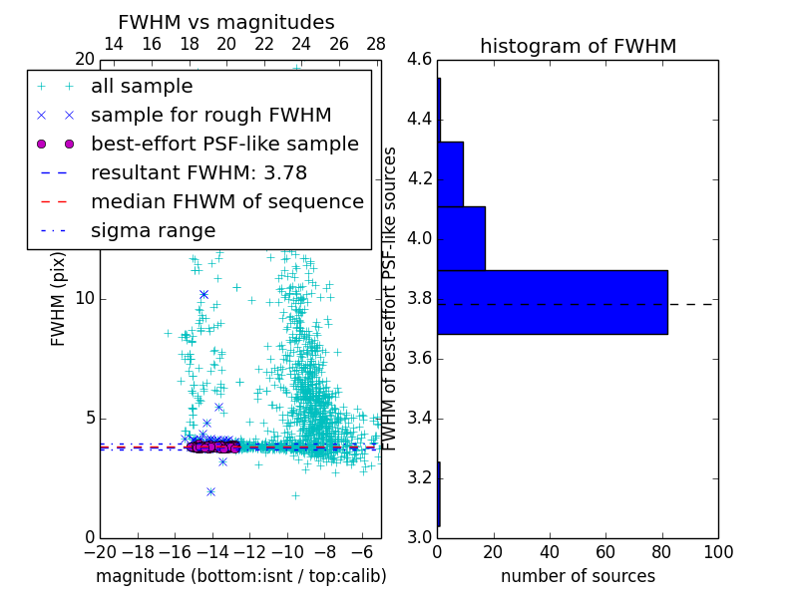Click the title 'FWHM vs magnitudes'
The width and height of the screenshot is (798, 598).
(226, 22)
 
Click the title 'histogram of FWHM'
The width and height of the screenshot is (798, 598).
(578, 46)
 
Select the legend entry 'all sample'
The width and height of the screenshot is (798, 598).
(141, 87)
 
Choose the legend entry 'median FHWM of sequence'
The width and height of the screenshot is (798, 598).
(226, 201)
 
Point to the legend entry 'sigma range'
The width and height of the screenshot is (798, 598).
(153, 230)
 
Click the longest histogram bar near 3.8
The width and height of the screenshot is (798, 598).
(553, 302)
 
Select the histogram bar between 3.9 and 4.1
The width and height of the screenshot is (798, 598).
(461, 238)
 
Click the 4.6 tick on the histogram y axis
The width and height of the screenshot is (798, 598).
(419, 60)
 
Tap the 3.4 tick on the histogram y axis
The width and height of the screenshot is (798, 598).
(419, 418)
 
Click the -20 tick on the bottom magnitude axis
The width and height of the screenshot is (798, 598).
(100, 551)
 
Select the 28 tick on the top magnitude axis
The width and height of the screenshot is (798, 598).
(376, 44)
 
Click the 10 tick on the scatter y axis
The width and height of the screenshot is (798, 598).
(85, 299)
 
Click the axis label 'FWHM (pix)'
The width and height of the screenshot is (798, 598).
(59, 300)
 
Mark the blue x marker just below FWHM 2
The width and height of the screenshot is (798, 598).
(210, 491)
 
